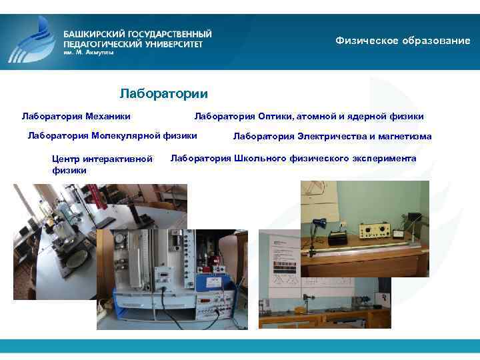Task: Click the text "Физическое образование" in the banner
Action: click(403, 41)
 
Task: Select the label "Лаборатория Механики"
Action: click(76, 116)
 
